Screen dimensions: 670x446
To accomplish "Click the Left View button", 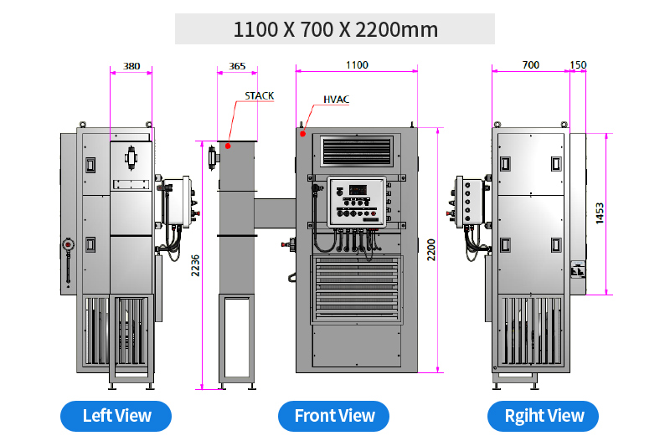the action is pos(116,416).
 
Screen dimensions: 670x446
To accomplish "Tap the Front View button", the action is pos(333,416).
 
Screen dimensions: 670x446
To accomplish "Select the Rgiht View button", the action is pos(543,416).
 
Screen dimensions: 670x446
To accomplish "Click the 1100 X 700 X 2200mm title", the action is pos(336,29).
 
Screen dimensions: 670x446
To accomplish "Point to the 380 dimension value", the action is pos(131,66).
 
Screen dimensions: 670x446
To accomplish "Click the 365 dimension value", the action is pos(237,66).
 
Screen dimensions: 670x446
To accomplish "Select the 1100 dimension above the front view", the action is pos(357,65).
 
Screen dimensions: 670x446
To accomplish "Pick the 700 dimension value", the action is pos(531,65).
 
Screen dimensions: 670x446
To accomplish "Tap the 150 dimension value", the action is pos(578,65).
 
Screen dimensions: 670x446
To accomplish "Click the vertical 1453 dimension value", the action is pos(600,213).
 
